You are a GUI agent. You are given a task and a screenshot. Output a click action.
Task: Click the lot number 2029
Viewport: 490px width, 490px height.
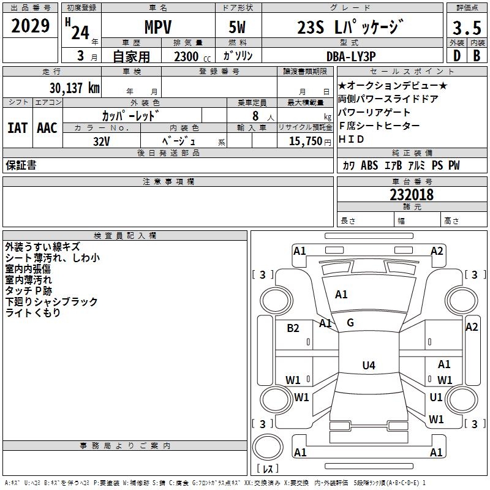(x=30, y=26)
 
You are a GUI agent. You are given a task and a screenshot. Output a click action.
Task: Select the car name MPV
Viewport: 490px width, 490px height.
(x=157, y=28)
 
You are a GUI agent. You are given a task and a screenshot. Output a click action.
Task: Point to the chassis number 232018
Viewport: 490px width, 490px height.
(x=412, y=195)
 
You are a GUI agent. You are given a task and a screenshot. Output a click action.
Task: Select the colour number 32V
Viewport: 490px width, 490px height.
(x=102, y=141)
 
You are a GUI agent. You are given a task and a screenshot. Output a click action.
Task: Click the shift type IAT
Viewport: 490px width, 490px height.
(x=17, y=128)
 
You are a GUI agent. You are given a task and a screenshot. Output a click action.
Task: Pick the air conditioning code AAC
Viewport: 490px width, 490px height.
(x=47, y=128)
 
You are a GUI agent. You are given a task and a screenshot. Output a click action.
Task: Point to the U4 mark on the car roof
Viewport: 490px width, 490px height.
(x=368, y=366)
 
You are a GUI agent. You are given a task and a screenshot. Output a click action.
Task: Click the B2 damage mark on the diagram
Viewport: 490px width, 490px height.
(x=293, y=328)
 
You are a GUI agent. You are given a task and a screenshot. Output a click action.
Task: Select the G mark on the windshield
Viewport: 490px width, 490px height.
(x=350, y=322)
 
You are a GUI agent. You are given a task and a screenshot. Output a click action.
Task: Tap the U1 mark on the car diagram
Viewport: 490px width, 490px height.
(x=436, y=397)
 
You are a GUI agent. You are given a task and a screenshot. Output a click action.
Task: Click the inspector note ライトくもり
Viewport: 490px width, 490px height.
(x=33, y=313)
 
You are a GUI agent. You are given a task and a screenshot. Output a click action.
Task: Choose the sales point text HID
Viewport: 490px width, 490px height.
(x=351, y=139)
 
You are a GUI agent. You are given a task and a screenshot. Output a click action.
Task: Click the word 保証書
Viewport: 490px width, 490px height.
(x=21, y=165)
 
